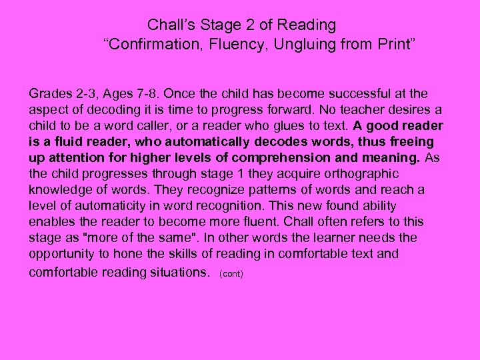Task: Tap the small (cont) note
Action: (x=231, y=273)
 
